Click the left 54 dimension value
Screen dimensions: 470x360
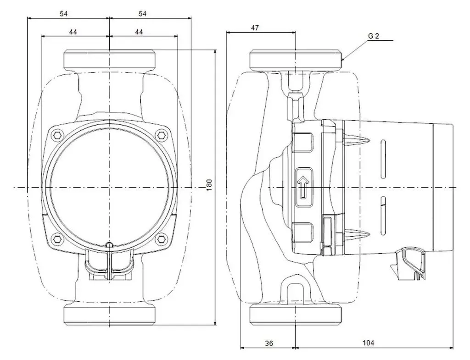tap(63, 14)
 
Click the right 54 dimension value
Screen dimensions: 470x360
tap(142, 14)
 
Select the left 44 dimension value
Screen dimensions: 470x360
tap(73, 32)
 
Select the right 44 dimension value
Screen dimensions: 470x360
tap(139, 32)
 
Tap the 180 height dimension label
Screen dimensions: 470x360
tap(209, 185)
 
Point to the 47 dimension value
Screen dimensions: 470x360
tap(255, 28)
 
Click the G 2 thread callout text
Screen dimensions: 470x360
tap(374, 36)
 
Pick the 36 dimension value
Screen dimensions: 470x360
tap(269, 343)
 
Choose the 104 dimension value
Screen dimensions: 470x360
tap(368, 343)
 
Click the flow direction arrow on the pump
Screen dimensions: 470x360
tap(304, 188)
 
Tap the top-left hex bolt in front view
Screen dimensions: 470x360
tap(57, 135)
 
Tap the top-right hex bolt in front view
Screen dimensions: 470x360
tap(162, 135)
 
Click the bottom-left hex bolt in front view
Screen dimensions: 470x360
tap(57, 239)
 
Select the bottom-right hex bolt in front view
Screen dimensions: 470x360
tap(162, 239)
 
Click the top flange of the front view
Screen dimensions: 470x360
tap(109, 61)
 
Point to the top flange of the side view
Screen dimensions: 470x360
tap(296, 61)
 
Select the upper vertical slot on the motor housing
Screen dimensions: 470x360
tap(383, 159)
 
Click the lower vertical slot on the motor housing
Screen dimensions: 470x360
tap(383, 216)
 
